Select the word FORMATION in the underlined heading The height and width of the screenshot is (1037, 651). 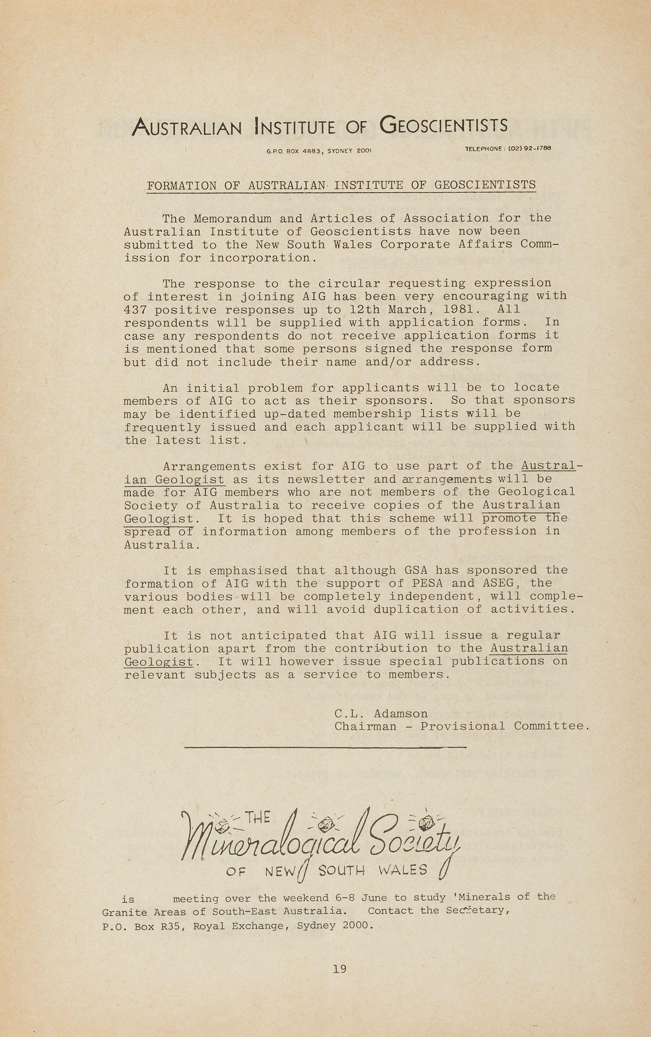tap(182, 186)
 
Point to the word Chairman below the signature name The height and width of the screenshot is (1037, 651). tap(365, 727)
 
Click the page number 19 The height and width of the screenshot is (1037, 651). tap(339, 969)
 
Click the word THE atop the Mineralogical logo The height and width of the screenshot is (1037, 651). tap(257, 817)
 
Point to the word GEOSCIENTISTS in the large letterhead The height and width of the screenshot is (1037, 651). tap(444, 125)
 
